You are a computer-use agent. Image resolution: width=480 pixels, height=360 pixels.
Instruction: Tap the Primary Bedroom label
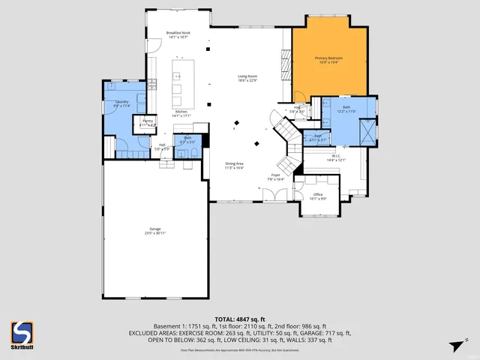328,59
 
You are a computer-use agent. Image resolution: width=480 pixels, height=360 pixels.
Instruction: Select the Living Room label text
248,78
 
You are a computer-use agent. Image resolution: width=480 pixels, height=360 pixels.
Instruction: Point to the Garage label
154,230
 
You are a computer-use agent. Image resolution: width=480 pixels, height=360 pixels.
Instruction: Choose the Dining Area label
235,165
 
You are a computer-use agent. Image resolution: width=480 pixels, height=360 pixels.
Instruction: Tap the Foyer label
276,177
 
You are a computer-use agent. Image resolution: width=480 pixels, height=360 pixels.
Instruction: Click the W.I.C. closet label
335,158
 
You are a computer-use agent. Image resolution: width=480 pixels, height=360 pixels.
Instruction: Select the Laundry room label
121,103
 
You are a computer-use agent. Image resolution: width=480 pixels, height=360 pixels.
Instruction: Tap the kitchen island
178,82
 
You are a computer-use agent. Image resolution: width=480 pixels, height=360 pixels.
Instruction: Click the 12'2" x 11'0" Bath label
346,109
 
